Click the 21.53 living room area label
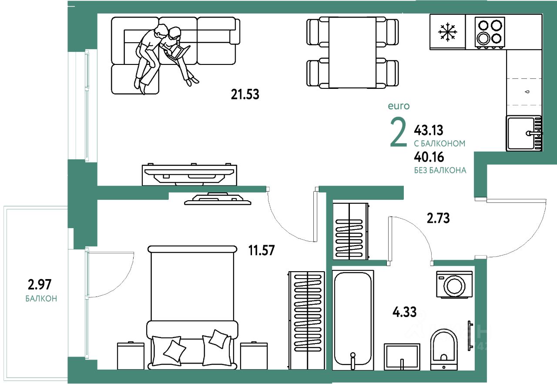click(x=245, y=94)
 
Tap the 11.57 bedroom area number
click(x=262, y=250)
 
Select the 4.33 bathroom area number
click(x=405, y=312)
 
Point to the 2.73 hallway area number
click(x=438, y=218)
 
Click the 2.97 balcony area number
click(x=40, y=285)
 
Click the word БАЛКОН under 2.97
click(x=41, y=298)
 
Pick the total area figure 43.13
click(x=429, y=130)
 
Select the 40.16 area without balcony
click(x=429, y=157)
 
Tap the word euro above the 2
click(x=399, y=106)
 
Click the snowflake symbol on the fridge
click(x=447, y=32)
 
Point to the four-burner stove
click(x=490, y=32)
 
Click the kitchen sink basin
click(x=521, y=134)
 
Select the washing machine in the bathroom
click(x=454, y=284)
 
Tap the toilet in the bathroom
click(x=444, y=349)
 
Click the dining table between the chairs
click(x=352, y=53)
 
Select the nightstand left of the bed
click(x=131, y=356)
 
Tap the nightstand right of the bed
click(x=254, y=356)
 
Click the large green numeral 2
click(x=398, y=132)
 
